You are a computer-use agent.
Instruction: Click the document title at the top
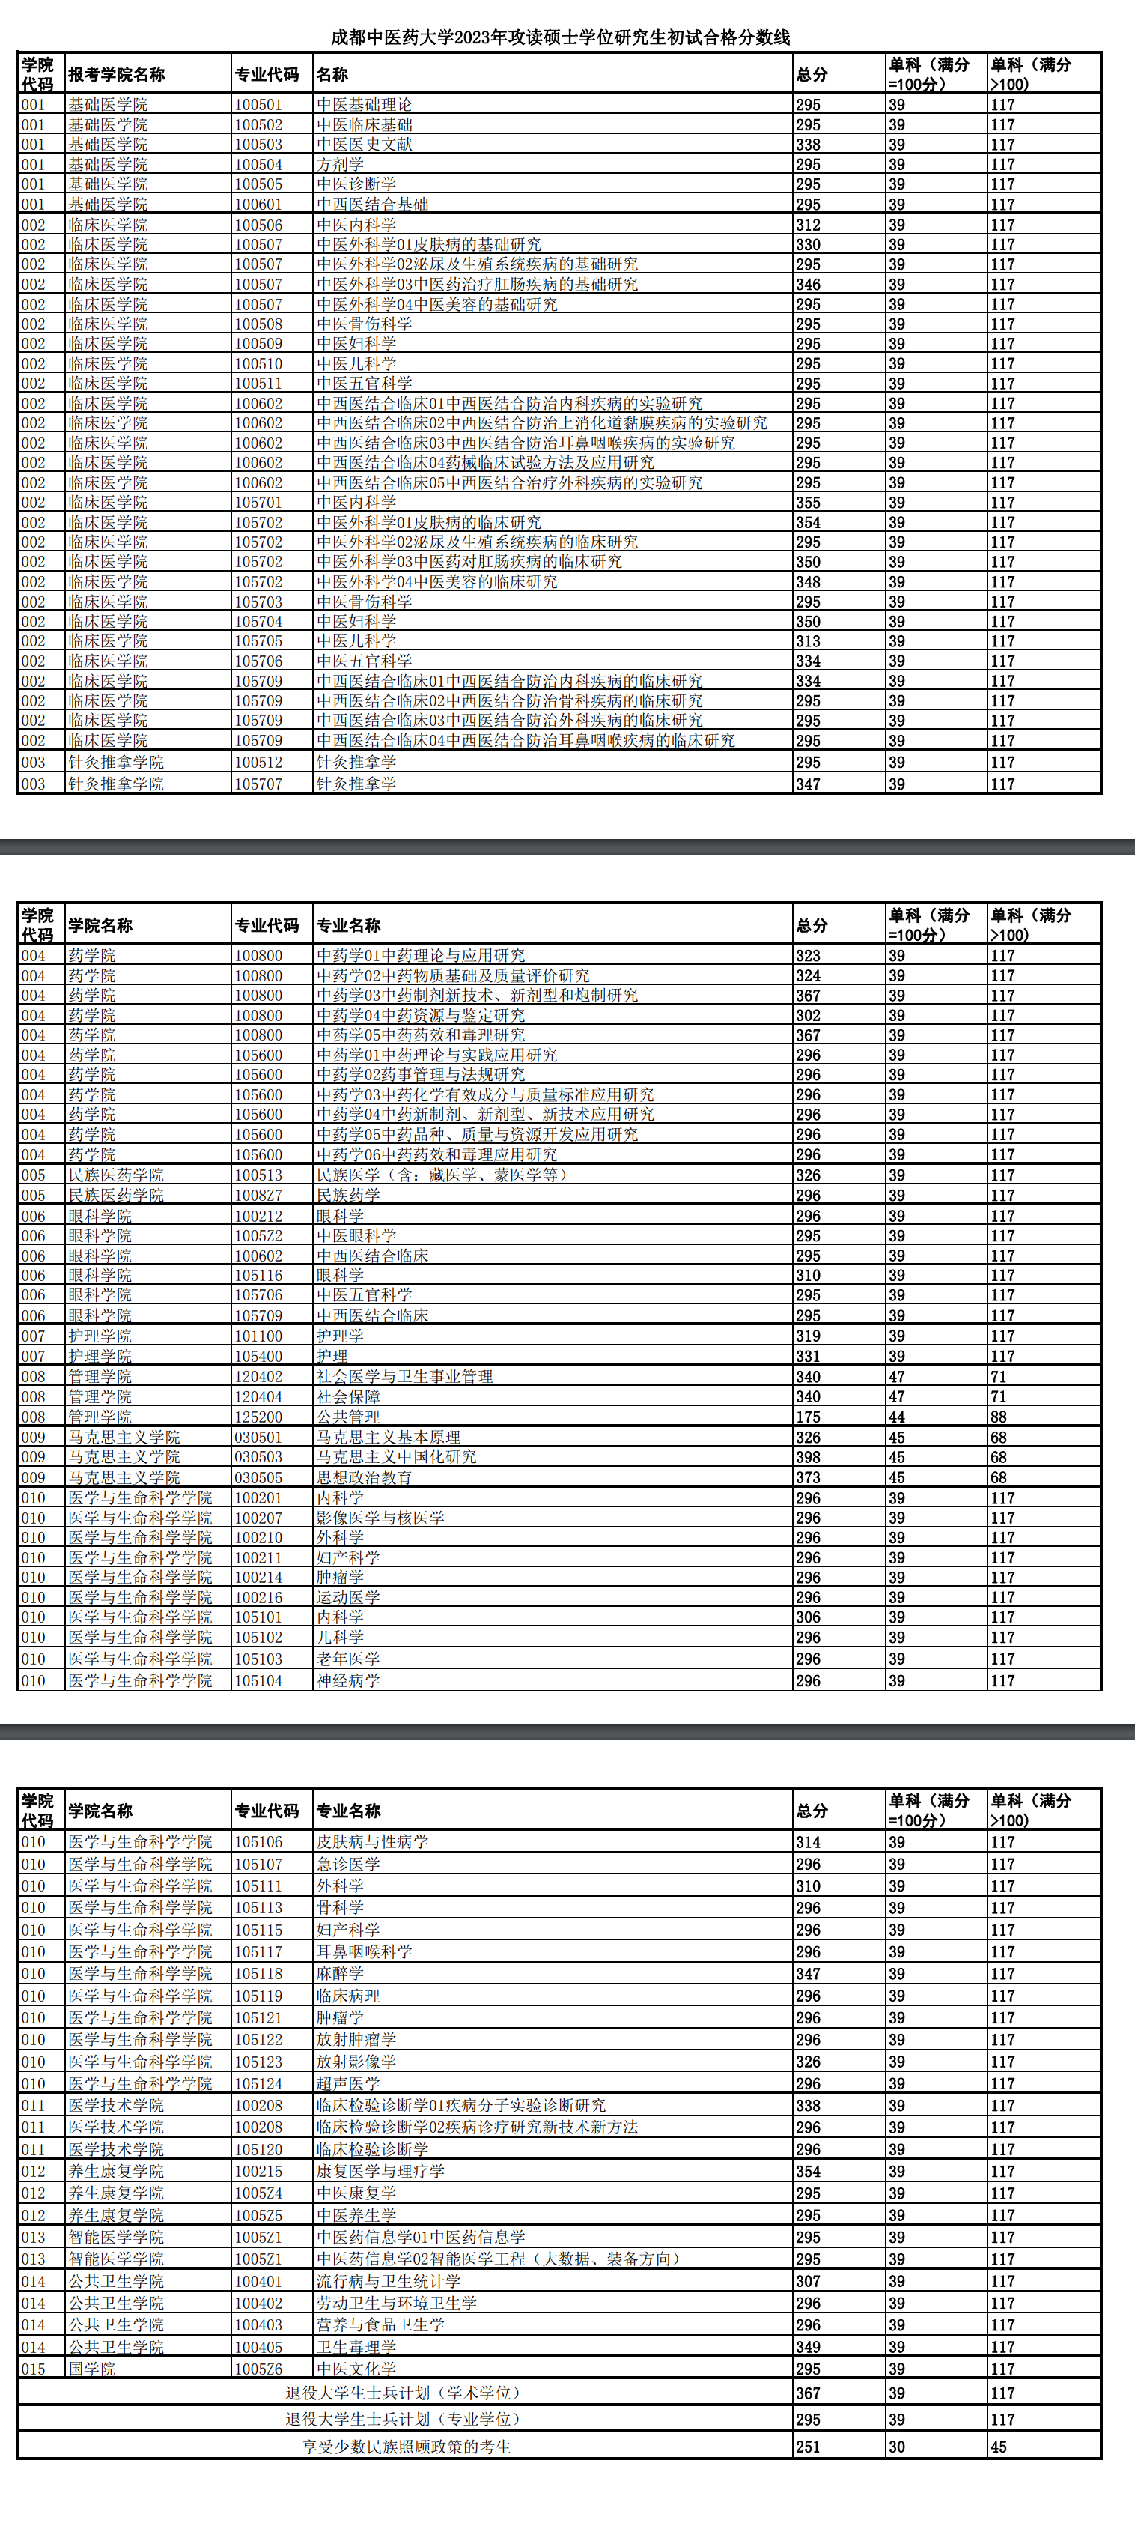tap(560, 37)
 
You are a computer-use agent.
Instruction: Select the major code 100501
tap(258, 105)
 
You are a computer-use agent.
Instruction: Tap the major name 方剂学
tap(340, 164)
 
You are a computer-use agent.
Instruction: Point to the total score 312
tap(808, 225)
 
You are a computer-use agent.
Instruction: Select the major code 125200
tap(258, 1417)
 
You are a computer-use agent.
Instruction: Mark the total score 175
tap(808, 1417)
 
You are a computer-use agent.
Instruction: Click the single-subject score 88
tap(999, 1417)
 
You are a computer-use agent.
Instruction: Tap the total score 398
tap(808, 1457)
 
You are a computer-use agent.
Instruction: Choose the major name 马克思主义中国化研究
tap(396, 1457)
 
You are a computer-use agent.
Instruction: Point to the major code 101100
tap(258, 1336)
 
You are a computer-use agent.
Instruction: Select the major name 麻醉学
tap(340, 1974)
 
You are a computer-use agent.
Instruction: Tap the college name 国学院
tap(91, 2369)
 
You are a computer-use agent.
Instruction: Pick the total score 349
tap(808, 2347)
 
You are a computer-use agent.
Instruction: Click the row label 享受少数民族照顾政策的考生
tap(406, 2447)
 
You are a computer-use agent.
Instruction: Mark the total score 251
tap(808, 2447)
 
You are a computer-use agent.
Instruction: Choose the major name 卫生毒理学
tap(356, 2347)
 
